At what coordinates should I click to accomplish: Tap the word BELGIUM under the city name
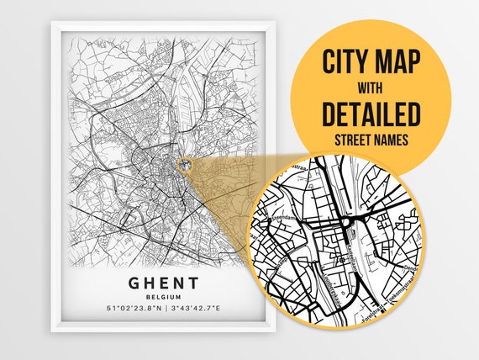[x=164, y=297]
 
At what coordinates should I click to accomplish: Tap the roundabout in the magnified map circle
[x=346, y=222]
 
